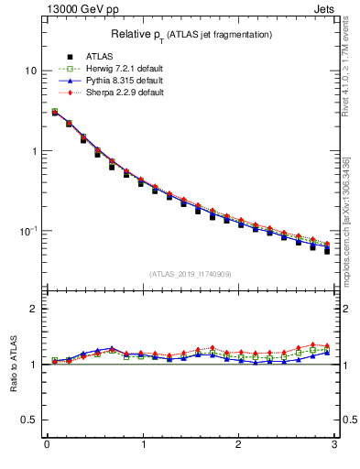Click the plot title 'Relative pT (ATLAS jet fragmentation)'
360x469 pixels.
(192, 34)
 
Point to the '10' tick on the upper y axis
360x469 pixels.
(30, 71)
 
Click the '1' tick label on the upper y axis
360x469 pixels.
(34, 151)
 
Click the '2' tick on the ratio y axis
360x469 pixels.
(34, 310)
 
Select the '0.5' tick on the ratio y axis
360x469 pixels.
(29, 420)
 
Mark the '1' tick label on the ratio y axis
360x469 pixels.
(34, 365)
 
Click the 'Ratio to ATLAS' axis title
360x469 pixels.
(12, 364)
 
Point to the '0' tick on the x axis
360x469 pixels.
(47, 446)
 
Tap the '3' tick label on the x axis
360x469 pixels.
(335, 446)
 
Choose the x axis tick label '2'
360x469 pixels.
(239, 446)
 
